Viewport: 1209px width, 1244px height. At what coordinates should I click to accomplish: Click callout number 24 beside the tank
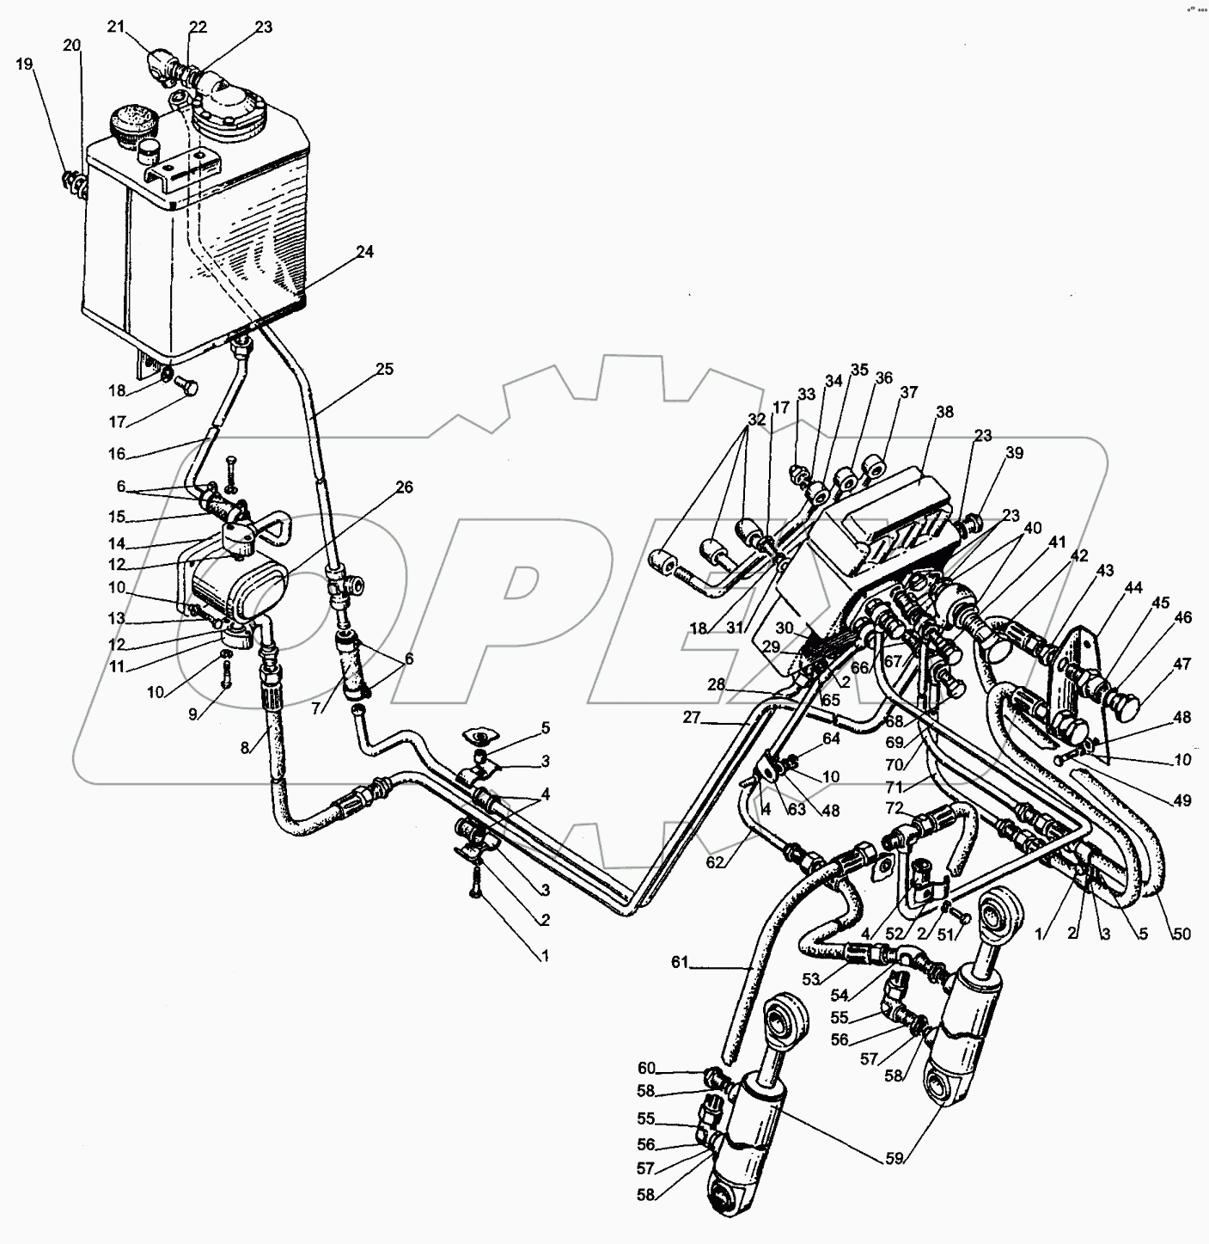(x=364, y=252)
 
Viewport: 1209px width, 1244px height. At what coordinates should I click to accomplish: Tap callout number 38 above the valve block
(x=944, y=412)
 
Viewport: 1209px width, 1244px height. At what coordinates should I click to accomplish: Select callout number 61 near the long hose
(x=680, y=963)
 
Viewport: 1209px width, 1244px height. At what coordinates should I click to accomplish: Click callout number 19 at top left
(x=25, y=64)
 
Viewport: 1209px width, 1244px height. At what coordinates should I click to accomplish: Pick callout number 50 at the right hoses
(x=1182, y=934)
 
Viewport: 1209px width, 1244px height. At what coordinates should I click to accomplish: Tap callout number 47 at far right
(x=1183, y=664)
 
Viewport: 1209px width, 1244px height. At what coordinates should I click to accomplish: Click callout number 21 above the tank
(x=116, y=27)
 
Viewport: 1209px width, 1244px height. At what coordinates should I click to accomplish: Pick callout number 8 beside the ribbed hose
(x=246, y=748)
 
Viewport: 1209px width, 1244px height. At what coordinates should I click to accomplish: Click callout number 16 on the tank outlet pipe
(x=117, y=454)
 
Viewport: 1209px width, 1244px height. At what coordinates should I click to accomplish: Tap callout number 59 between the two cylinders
(x=895, y=1157)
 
